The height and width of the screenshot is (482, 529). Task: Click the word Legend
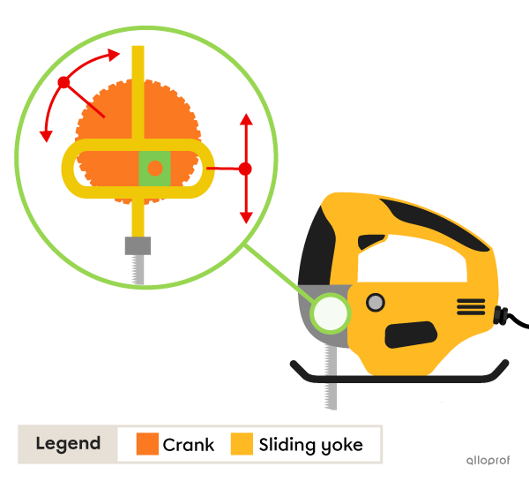coord(68,444)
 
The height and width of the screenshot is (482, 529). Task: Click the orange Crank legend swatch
coord(147,444)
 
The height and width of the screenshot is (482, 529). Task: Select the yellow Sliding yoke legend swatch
coord(242,444)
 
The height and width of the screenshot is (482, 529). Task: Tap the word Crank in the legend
coord(188,444)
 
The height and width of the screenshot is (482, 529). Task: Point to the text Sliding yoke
coord(310,444)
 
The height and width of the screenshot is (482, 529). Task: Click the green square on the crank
coord(154,168)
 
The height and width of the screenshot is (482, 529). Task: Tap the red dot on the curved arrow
coord(63,83)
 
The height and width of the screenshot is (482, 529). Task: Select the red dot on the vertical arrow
coord(246,168)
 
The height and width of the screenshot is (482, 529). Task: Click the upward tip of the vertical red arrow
coord(246,117)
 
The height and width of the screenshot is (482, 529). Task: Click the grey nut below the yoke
coord(138,245)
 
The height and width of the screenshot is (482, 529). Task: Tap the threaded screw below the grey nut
coord(138,268)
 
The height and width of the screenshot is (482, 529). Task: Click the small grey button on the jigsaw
coord(376,303)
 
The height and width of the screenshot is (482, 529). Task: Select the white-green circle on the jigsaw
coord(331,313)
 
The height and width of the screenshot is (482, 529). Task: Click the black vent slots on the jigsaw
coord(471,306)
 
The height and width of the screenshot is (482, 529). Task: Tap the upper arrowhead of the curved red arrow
coord(113,55)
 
